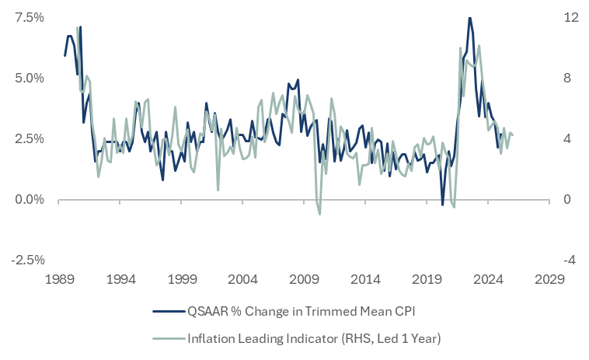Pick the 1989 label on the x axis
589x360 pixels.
click(58, 278)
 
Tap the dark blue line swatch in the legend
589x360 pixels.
click(166, 311)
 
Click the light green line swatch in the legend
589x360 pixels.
click(166, 338)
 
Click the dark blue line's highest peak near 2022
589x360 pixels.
click(469, 18)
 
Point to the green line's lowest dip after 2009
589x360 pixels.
click(319, 214)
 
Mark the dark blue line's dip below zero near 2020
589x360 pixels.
click(442, 205)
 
